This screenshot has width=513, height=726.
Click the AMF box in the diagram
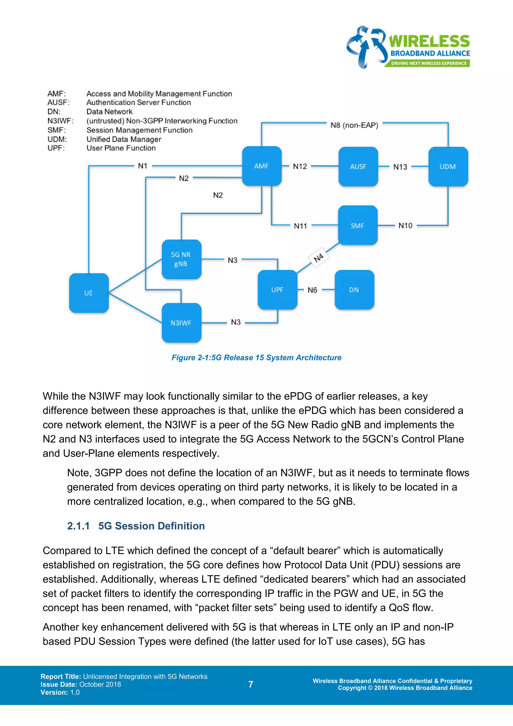tap(262, 166)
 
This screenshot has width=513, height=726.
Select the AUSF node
tap(358, 167)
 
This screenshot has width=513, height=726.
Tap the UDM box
tap(448, 167)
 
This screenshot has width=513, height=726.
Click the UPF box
tap(277, 290)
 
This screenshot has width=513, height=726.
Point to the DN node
tap(354, 290)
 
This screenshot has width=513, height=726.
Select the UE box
tap(89, 293)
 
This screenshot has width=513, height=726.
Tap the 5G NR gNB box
tap(181, 259)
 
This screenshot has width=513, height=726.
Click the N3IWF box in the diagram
tap(181, 323)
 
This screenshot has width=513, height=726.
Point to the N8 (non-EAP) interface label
tap(354, 125)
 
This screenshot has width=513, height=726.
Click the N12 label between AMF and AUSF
tap(300, 166)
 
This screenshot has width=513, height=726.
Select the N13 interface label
tap(400, 167)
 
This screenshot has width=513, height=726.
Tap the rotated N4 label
tap(319, 257)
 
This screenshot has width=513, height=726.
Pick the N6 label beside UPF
tap(312, 290)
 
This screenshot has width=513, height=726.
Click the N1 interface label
tap(143, 166)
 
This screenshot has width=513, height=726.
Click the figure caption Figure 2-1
tap(256, 358)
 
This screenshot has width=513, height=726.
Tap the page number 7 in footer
tap(251, 684)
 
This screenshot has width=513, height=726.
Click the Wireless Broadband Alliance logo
tap(408, 47)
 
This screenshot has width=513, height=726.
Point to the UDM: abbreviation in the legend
tap(57, 139)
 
